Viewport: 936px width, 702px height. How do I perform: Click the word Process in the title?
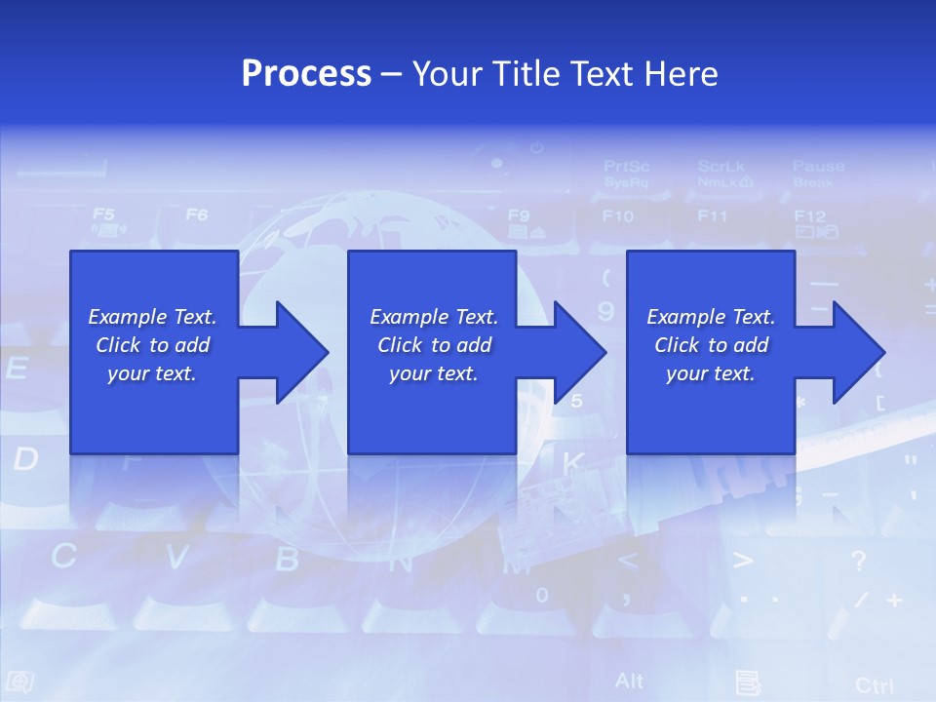tap(306, 74)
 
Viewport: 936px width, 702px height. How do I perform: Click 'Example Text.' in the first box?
tap(152, 317)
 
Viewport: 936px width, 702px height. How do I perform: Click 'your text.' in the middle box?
tap(433, 373)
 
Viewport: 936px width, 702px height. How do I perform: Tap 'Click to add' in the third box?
tap(712, 345)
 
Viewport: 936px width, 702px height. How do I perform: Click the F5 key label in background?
tap(103, 214)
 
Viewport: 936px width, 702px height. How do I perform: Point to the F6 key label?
tap(197, 214)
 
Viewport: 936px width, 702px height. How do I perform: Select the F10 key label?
tap(617, 216)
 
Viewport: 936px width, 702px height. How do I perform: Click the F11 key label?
tap(713, 216)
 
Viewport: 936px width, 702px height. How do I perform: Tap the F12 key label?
tap(809, 216)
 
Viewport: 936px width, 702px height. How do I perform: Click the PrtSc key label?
tap(626, 167)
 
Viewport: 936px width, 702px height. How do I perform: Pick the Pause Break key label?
tap(817, 173)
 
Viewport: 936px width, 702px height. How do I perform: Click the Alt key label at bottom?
tap(630, 680)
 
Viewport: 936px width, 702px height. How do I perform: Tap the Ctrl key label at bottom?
tap(874, 685)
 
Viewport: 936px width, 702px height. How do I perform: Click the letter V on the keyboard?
tap(176, 557)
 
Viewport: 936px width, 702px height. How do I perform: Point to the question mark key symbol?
tap(858, 561)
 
